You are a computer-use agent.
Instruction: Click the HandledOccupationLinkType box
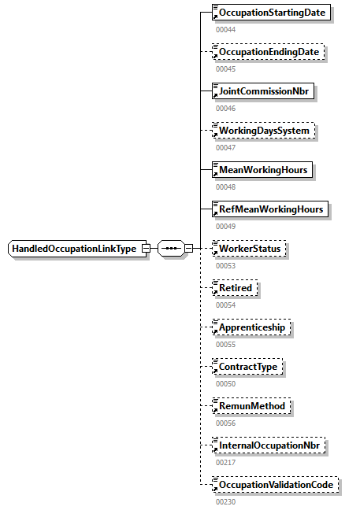click(x=74, y=249)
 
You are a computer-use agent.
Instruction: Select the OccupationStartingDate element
click(x=272, y=13)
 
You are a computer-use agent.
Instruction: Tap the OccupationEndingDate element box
click(x=269, y=52)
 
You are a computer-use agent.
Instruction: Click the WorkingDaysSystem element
click(x=263, y=131)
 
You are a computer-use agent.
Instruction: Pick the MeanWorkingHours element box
click(x=262, y=170)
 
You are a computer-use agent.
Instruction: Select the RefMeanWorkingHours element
click(x=270, y=209)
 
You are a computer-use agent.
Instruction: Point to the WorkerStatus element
click(x=250, y=249)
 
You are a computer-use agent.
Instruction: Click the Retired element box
click(x=235, y=288)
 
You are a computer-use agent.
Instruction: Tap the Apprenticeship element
click(x=252, y=327)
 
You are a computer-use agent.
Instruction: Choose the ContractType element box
click(x=247, y=367)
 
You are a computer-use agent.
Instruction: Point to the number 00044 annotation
click(x=225, y=30)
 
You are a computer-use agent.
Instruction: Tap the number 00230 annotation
click(x=225, y=501)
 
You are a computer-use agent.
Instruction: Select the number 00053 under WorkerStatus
click(x=225, y=265)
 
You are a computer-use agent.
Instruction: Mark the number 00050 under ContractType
click(x=225, y=383)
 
